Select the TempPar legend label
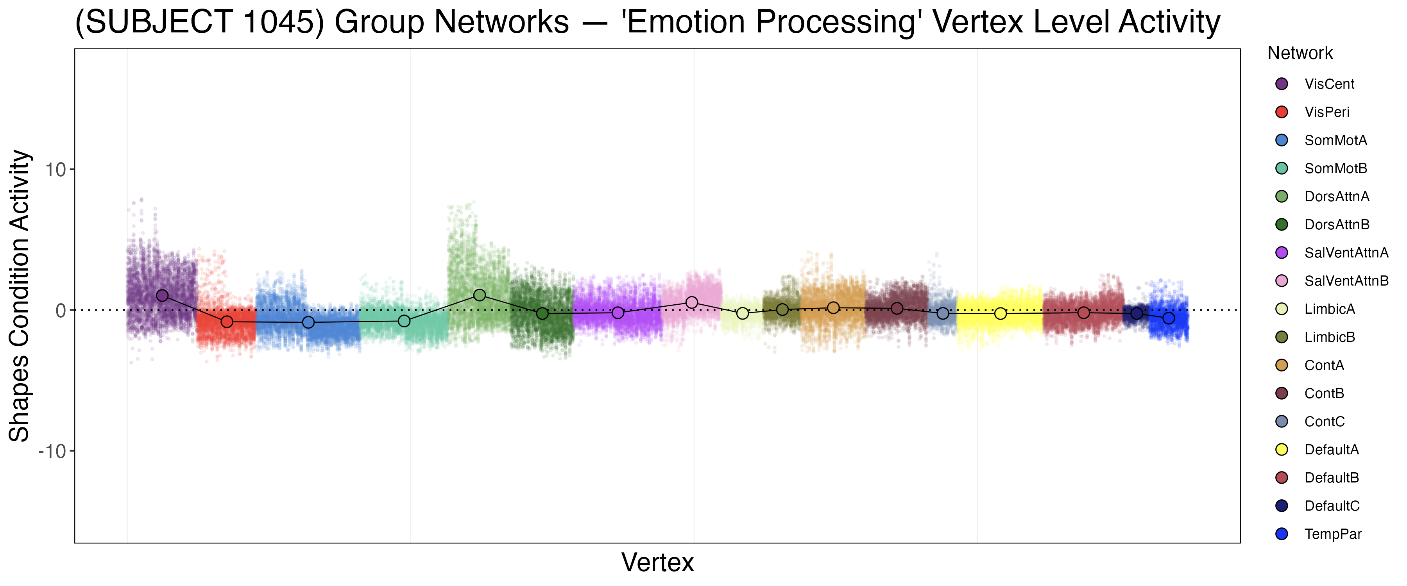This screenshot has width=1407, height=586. [x=1332, y=534]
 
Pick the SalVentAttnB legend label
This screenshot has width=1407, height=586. [x=1346, y=281]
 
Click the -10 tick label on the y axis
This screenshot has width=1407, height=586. [x=52, y=451]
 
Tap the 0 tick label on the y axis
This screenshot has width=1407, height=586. [x=60, y=311]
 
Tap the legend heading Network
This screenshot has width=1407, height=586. [x=1300, y=54]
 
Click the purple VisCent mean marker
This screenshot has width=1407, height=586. [x=162, y=295]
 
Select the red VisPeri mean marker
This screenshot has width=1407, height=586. [x=227, y=322]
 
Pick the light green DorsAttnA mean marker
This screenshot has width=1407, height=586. [x=480, y=295]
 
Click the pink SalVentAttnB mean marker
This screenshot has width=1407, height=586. [x=691, y=302]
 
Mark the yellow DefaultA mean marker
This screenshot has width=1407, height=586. [x=1000, y=313]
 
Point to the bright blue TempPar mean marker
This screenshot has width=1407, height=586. [x=1168, y=318]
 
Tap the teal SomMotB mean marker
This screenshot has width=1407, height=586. [x=404, y=321]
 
